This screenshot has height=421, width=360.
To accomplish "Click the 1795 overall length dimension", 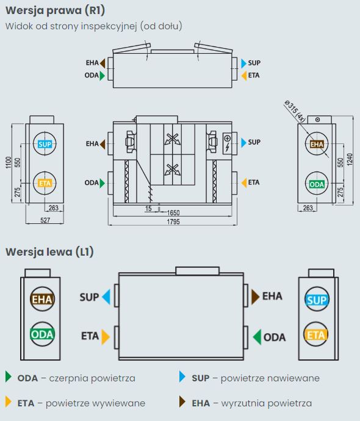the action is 173,221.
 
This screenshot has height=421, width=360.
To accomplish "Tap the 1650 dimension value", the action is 173,213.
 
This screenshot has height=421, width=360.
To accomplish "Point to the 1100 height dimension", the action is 9,162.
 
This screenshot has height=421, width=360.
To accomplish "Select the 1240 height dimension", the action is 350,159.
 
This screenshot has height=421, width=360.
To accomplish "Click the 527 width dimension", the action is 45,220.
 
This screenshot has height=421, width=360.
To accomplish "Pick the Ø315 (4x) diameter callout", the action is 295,110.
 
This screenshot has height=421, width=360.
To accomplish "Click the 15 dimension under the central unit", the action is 148,208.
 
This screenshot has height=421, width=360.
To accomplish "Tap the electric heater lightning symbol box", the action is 228,143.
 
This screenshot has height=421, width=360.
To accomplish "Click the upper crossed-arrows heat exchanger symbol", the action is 172,139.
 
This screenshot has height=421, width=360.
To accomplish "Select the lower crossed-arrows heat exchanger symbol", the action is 172,170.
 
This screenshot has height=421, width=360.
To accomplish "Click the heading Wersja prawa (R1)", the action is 55,10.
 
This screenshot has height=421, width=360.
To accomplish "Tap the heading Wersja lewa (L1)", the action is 49,252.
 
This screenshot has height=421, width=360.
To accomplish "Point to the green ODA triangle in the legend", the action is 9,376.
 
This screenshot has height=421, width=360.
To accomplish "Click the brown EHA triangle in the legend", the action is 182,401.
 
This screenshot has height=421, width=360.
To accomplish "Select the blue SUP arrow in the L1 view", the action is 106,297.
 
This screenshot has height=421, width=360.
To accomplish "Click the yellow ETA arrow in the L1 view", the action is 106,337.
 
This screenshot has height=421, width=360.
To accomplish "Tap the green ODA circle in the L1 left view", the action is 42,334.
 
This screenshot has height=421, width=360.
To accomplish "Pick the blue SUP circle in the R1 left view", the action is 45,144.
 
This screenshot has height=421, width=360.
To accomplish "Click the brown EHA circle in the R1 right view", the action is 317,144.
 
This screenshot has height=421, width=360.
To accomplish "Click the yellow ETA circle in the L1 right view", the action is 316,334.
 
